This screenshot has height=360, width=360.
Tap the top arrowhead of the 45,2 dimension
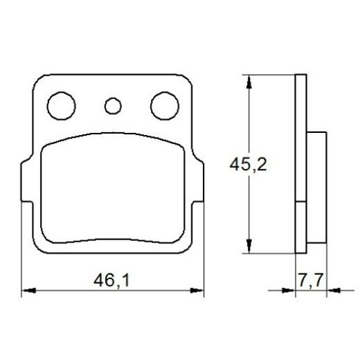(247, 80)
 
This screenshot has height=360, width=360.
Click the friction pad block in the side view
(314, 187)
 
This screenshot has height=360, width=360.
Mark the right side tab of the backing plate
(199, 183)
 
